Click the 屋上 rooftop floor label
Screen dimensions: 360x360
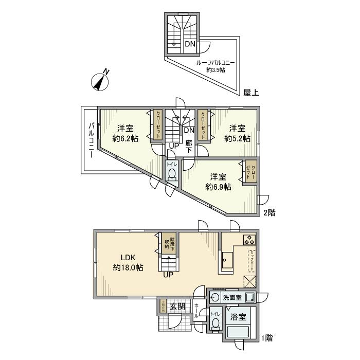(251, 93)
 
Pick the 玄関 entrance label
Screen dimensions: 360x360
(178, 307)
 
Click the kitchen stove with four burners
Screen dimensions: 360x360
(249, 240)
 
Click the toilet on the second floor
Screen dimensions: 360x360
(171, 174)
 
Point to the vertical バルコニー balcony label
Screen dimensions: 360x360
(91, 140)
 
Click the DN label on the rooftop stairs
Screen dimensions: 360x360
(190, 44)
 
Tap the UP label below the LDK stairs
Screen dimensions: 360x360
(168, 275)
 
